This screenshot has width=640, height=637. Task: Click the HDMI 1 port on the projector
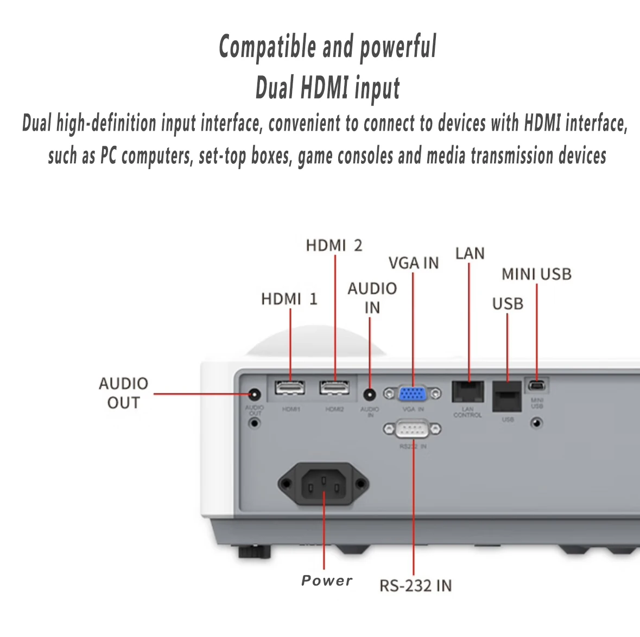tap(290, 389)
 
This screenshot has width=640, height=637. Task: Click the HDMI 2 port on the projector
tap(334, 389)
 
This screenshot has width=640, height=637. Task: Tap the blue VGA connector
tap(413, 393)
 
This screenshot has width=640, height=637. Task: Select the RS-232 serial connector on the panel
tap(413, 430)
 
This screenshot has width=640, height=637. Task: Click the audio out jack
tap(254, 395)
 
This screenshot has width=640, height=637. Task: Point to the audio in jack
tap(370, 395)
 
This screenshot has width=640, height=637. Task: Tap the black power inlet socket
tap(324, 482)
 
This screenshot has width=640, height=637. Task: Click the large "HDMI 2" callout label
tap(334, 246)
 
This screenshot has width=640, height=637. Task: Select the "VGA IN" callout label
tap(414, 263)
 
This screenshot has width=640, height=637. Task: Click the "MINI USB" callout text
tap(536, 274)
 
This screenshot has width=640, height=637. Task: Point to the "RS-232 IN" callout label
tap(415, 586)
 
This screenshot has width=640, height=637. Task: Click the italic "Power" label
tap(327, 581)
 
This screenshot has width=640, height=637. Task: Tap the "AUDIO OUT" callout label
tap(123, 393)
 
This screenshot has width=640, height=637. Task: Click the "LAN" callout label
tap(470, 253)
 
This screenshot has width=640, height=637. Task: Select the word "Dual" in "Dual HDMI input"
tap(274, 88)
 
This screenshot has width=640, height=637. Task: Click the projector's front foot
tap(254, 552)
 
